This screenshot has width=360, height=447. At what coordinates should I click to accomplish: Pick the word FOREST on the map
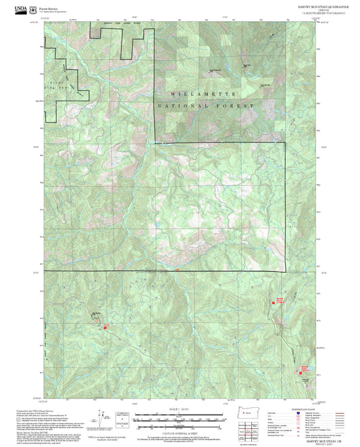point(237,107)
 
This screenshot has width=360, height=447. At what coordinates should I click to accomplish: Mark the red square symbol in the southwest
point(105,327)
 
